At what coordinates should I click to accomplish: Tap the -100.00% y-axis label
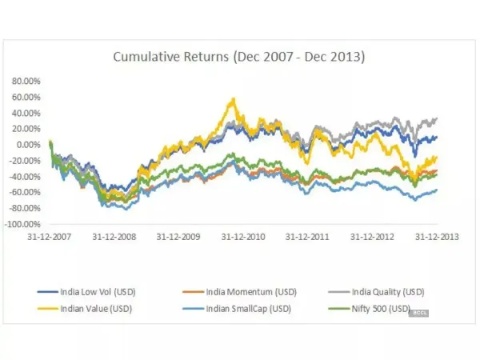click(24, 223)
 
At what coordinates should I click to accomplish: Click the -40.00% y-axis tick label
click(26, 176)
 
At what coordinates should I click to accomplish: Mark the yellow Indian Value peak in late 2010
click(232, 99)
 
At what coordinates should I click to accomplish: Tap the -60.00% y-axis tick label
click(26, 192)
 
